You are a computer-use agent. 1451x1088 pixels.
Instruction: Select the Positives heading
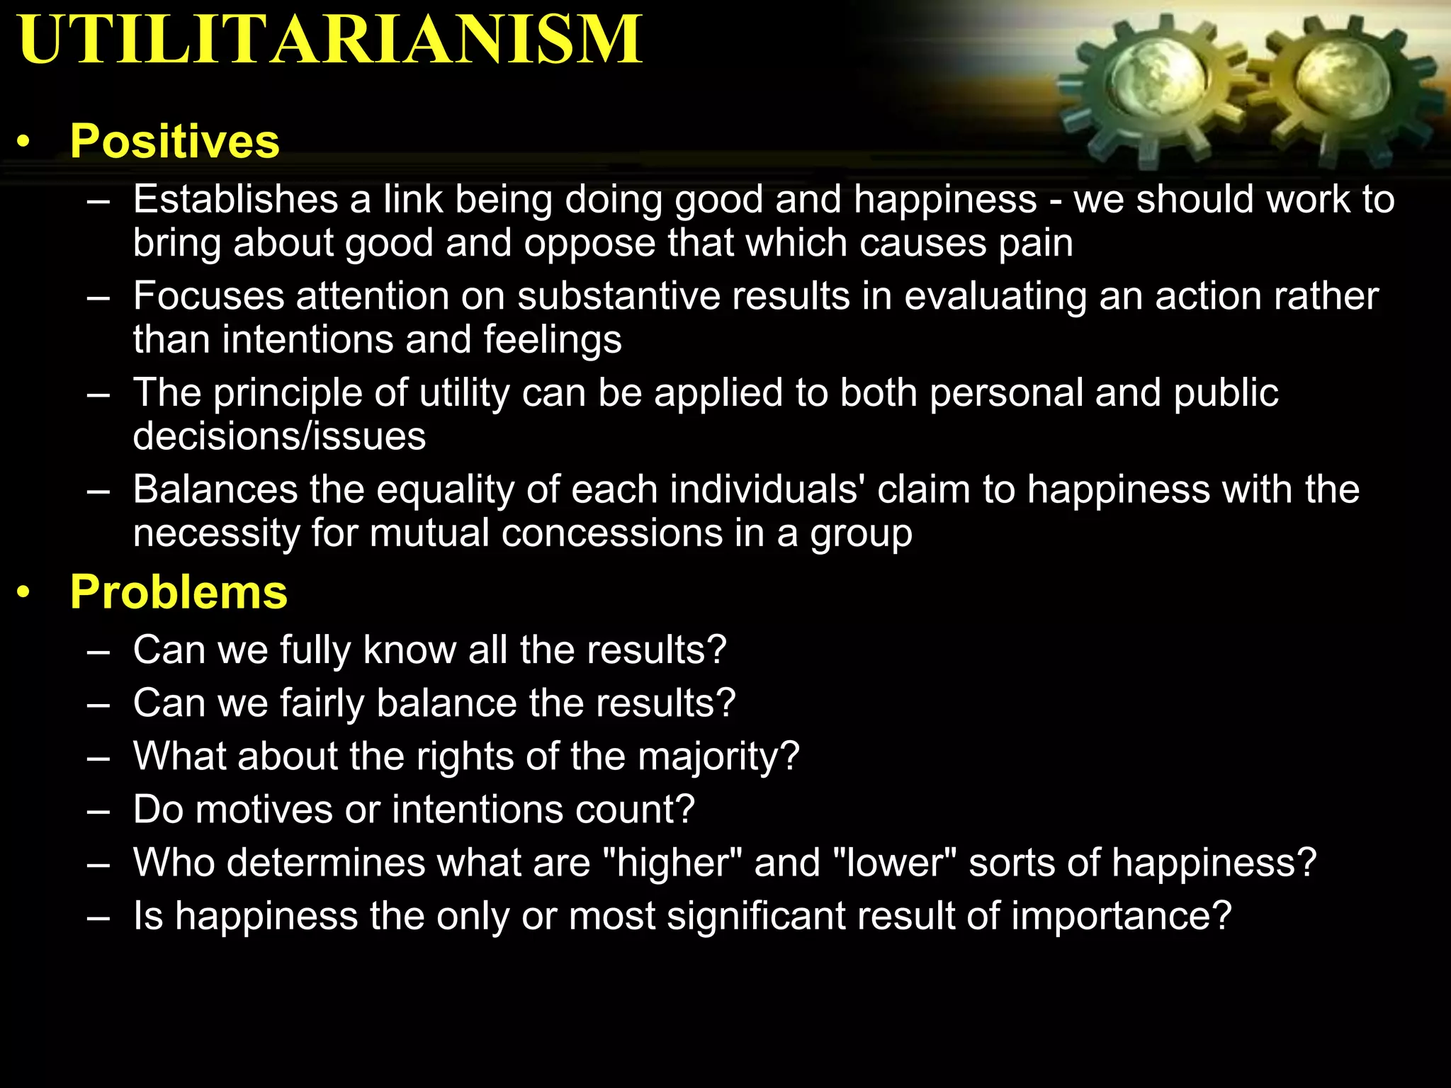coord(174,141)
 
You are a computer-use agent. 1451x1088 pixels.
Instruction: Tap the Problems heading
coord(179,591)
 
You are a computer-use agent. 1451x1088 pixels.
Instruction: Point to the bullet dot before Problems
coord(25,593)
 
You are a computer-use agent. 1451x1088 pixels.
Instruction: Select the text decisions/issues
coord(279,436)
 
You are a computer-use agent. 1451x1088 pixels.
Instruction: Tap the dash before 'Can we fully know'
coord(98,651)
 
